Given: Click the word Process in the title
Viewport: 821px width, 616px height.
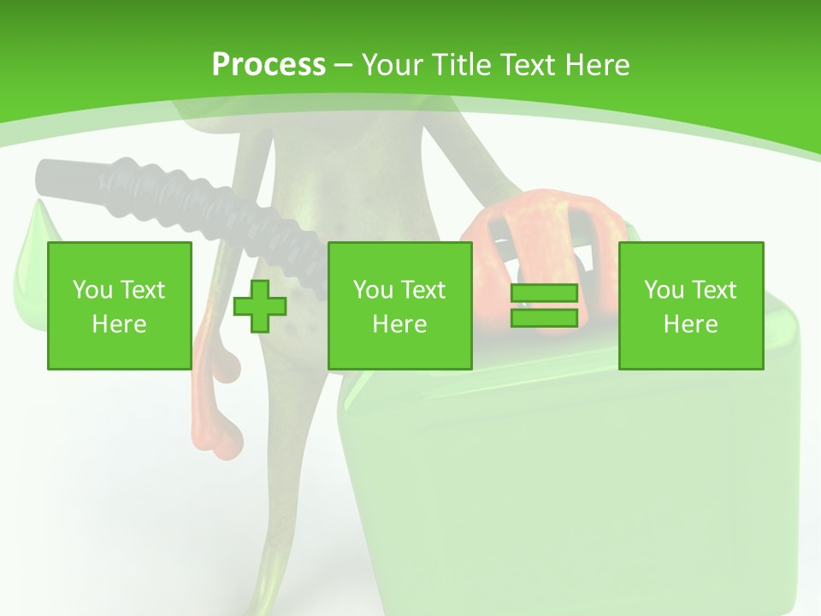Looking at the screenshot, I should (x=269, y=65).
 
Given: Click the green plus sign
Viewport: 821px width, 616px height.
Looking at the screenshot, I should (x=260, y=305).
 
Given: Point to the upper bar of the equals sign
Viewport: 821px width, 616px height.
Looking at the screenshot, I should (x=544, y=293).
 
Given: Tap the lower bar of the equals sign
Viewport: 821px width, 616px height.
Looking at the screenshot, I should (x=544, y=317).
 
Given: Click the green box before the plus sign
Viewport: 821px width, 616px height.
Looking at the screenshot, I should (x=119, y=305).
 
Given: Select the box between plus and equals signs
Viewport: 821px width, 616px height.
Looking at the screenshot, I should (x=399, y=305).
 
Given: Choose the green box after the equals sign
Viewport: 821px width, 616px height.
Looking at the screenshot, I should (x=690, y=305).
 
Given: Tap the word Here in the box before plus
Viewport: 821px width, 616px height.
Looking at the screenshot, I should (x=119, y=324).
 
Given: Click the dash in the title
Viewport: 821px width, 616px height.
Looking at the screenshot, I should (x=343, y=65).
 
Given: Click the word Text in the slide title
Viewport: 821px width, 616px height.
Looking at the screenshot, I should (x=529, y=65).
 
